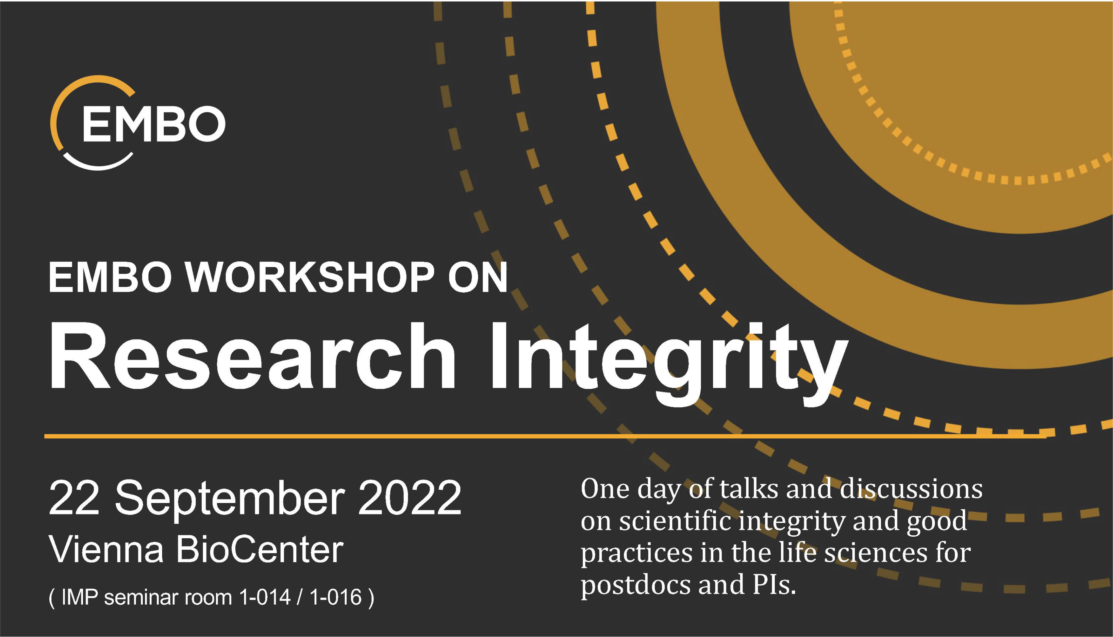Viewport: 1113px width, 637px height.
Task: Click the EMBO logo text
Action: click(154, 124)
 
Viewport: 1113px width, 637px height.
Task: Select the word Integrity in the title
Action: click(669, 363)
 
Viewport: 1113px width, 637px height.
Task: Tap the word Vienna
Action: click(106, 549)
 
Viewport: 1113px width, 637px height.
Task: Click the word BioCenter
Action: click(260, 549)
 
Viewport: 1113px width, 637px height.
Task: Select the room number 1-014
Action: click(265, 597)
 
